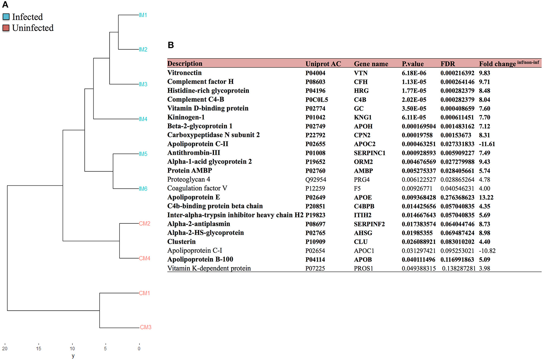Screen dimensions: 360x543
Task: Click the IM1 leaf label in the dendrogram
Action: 143,15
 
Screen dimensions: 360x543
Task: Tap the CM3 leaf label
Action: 146,327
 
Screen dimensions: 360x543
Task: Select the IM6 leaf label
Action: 143,189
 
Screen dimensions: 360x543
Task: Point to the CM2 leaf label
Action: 144,224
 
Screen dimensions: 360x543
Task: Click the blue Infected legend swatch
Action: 6,17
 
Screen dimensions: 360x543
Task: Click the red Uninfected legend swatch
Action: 6,28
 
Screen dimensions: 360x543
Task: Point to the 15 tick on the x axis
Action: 38,348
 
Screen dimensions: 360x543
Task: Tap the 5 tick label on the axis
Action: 105,348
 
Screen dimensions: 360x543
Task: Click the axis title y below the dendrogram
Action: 73,356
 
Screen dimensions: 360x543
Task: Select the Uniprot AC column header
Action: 323,64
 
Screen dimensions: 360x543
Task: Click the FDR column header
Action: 448,64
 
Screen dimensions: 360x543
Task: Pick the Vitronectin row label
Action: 184,73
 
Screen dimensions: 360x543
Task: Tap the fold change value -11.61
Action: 487,144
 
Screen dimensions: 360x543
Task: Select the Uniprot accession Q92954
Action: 316,180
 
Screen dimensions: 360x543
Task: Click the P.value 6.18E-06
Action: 414,73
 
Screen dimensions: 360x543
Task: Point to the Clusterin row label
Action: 181,242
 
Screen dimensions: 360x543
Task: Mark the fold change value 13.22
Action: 486,197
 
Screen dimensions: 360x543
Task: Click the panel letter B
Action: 171,45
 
